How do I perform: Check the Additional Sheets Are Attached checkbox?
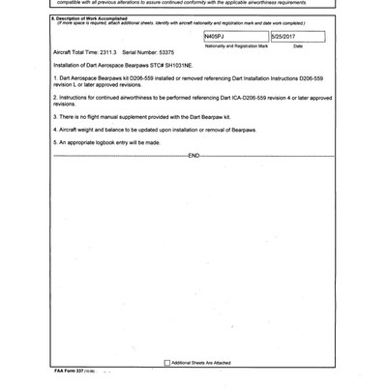point(165,363)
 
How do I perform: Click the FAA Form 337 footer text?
point(70,372)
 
